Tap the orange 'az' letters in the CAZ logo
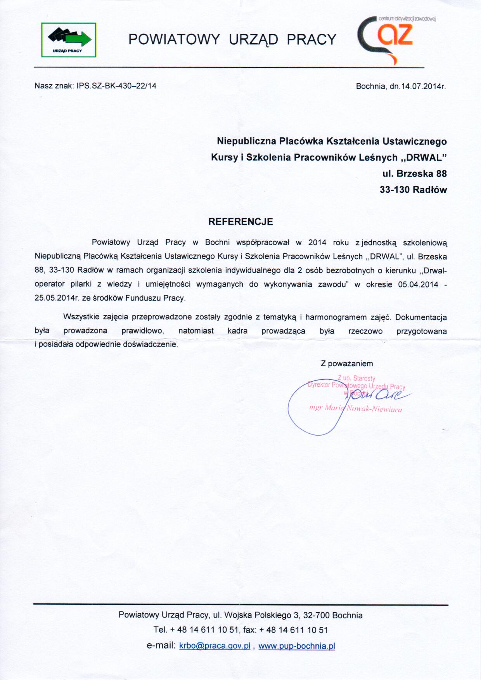click(395, 35)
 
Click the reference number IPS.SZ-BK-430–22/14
click(116, 86)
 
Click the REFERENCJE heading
click(240, 221)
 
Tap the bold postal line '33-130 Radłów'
click(413, 190)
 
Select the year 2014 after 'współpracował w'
click(317, 242)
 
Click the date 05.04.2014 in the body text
click(418, 284)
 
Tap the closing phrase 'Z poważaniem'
click(347, 363)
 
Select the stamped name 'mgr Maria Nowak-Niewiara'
click(355, 408)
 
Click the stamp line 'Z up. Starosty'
click(356, 378)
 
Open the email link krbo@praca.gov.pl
click(215, 646)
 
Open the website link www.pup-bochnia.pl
click(296, 646)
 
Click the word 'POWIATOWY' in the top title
click(174, 39)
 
